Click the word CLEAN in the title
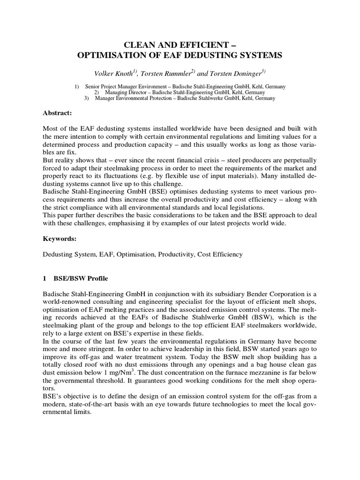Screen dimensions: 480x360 pyautogui.click(x=137, y=45)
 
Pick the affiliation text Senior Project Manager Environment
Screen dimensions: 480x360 pyautogui.click(x=123, y=87)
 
